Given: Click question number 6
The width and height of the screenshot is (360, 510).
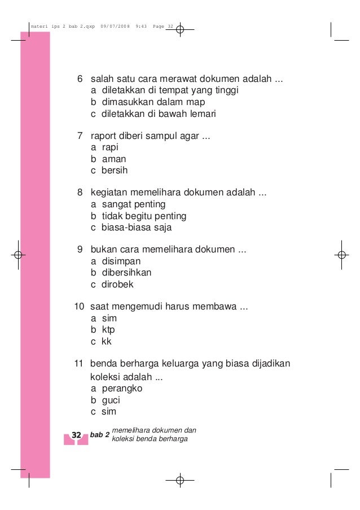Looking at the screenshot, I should pyautogui.click(x=80, y=79).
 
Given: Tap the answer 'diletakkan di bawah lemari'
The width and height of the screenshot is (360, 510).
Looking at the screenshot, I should pyautogui.click(x=159, y=114).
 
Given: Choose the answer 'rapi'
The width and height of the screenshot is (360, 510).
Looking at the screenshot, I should pyautogui.click(x=110, y=147).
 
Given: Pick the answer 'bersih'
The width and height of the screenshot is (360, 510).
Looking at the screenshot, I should pyautogui.click(x=115, y=170).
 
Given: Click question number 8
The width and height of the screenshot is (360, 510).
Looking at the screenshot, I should pyautogui.click(x=80, y=193).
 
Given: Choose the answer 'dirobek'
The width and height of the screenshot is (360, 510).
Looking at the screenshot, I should pyautogui.click(x=117, y=284).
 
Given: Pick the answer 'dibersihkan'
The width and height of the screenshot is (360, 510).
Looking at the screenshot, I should pyautogui.click(x=126, y=273).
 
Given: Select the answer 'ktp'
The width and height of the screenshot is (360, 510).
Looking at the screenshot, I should pyautogui.click(x=108, y=330).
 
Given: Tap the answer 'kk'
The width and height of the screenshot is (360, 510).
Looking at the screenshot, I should pyautogui.click(x=107, y=341).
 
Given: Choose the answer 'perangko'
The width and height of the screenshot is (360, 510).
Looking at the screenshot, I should pyautogui.click(x=122, y=389).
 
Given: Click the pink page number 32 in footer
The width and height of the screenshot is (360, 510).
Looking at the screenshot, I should pyautogui.click(x=76, y=435).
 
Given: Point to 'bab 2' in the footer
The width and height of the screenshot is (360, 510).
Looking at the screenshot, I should pyautogui.click(x=99, y=435).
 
